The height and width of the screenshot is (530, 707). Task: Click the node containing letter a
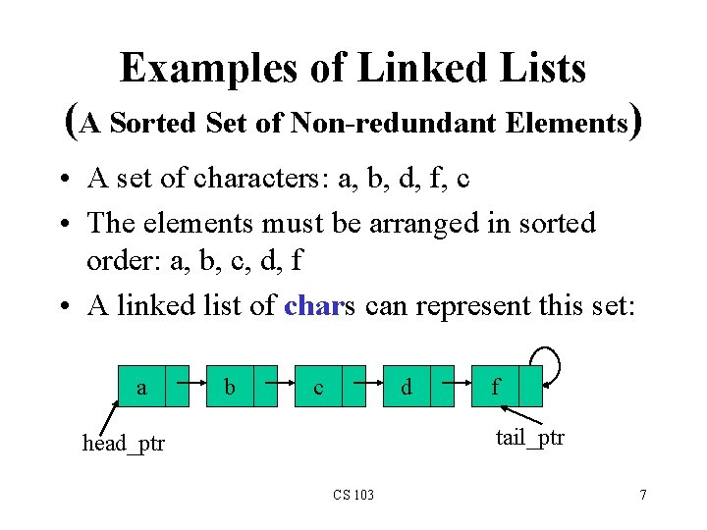(x=142, y=387)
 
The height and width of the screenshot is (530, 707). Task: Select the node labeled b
(x=230, y=387)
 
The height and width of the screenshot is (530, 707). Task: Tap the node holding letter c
(x=318, y=387)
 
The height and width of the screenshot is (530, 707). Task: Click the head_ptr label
(x=124, y=444)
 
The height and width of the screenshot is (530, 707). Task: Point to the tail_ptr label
(x=530, y=437)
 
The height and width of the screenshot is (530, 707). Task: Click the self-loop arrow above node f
(x=548, y=361)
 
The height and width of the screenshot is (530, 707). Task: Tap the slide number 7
(x=642, y=494)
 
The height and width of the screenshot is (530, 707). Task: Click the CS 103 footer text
(x=353, y=494)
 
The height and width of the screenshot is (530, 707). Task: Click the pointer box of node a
(x=177, y=387)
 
